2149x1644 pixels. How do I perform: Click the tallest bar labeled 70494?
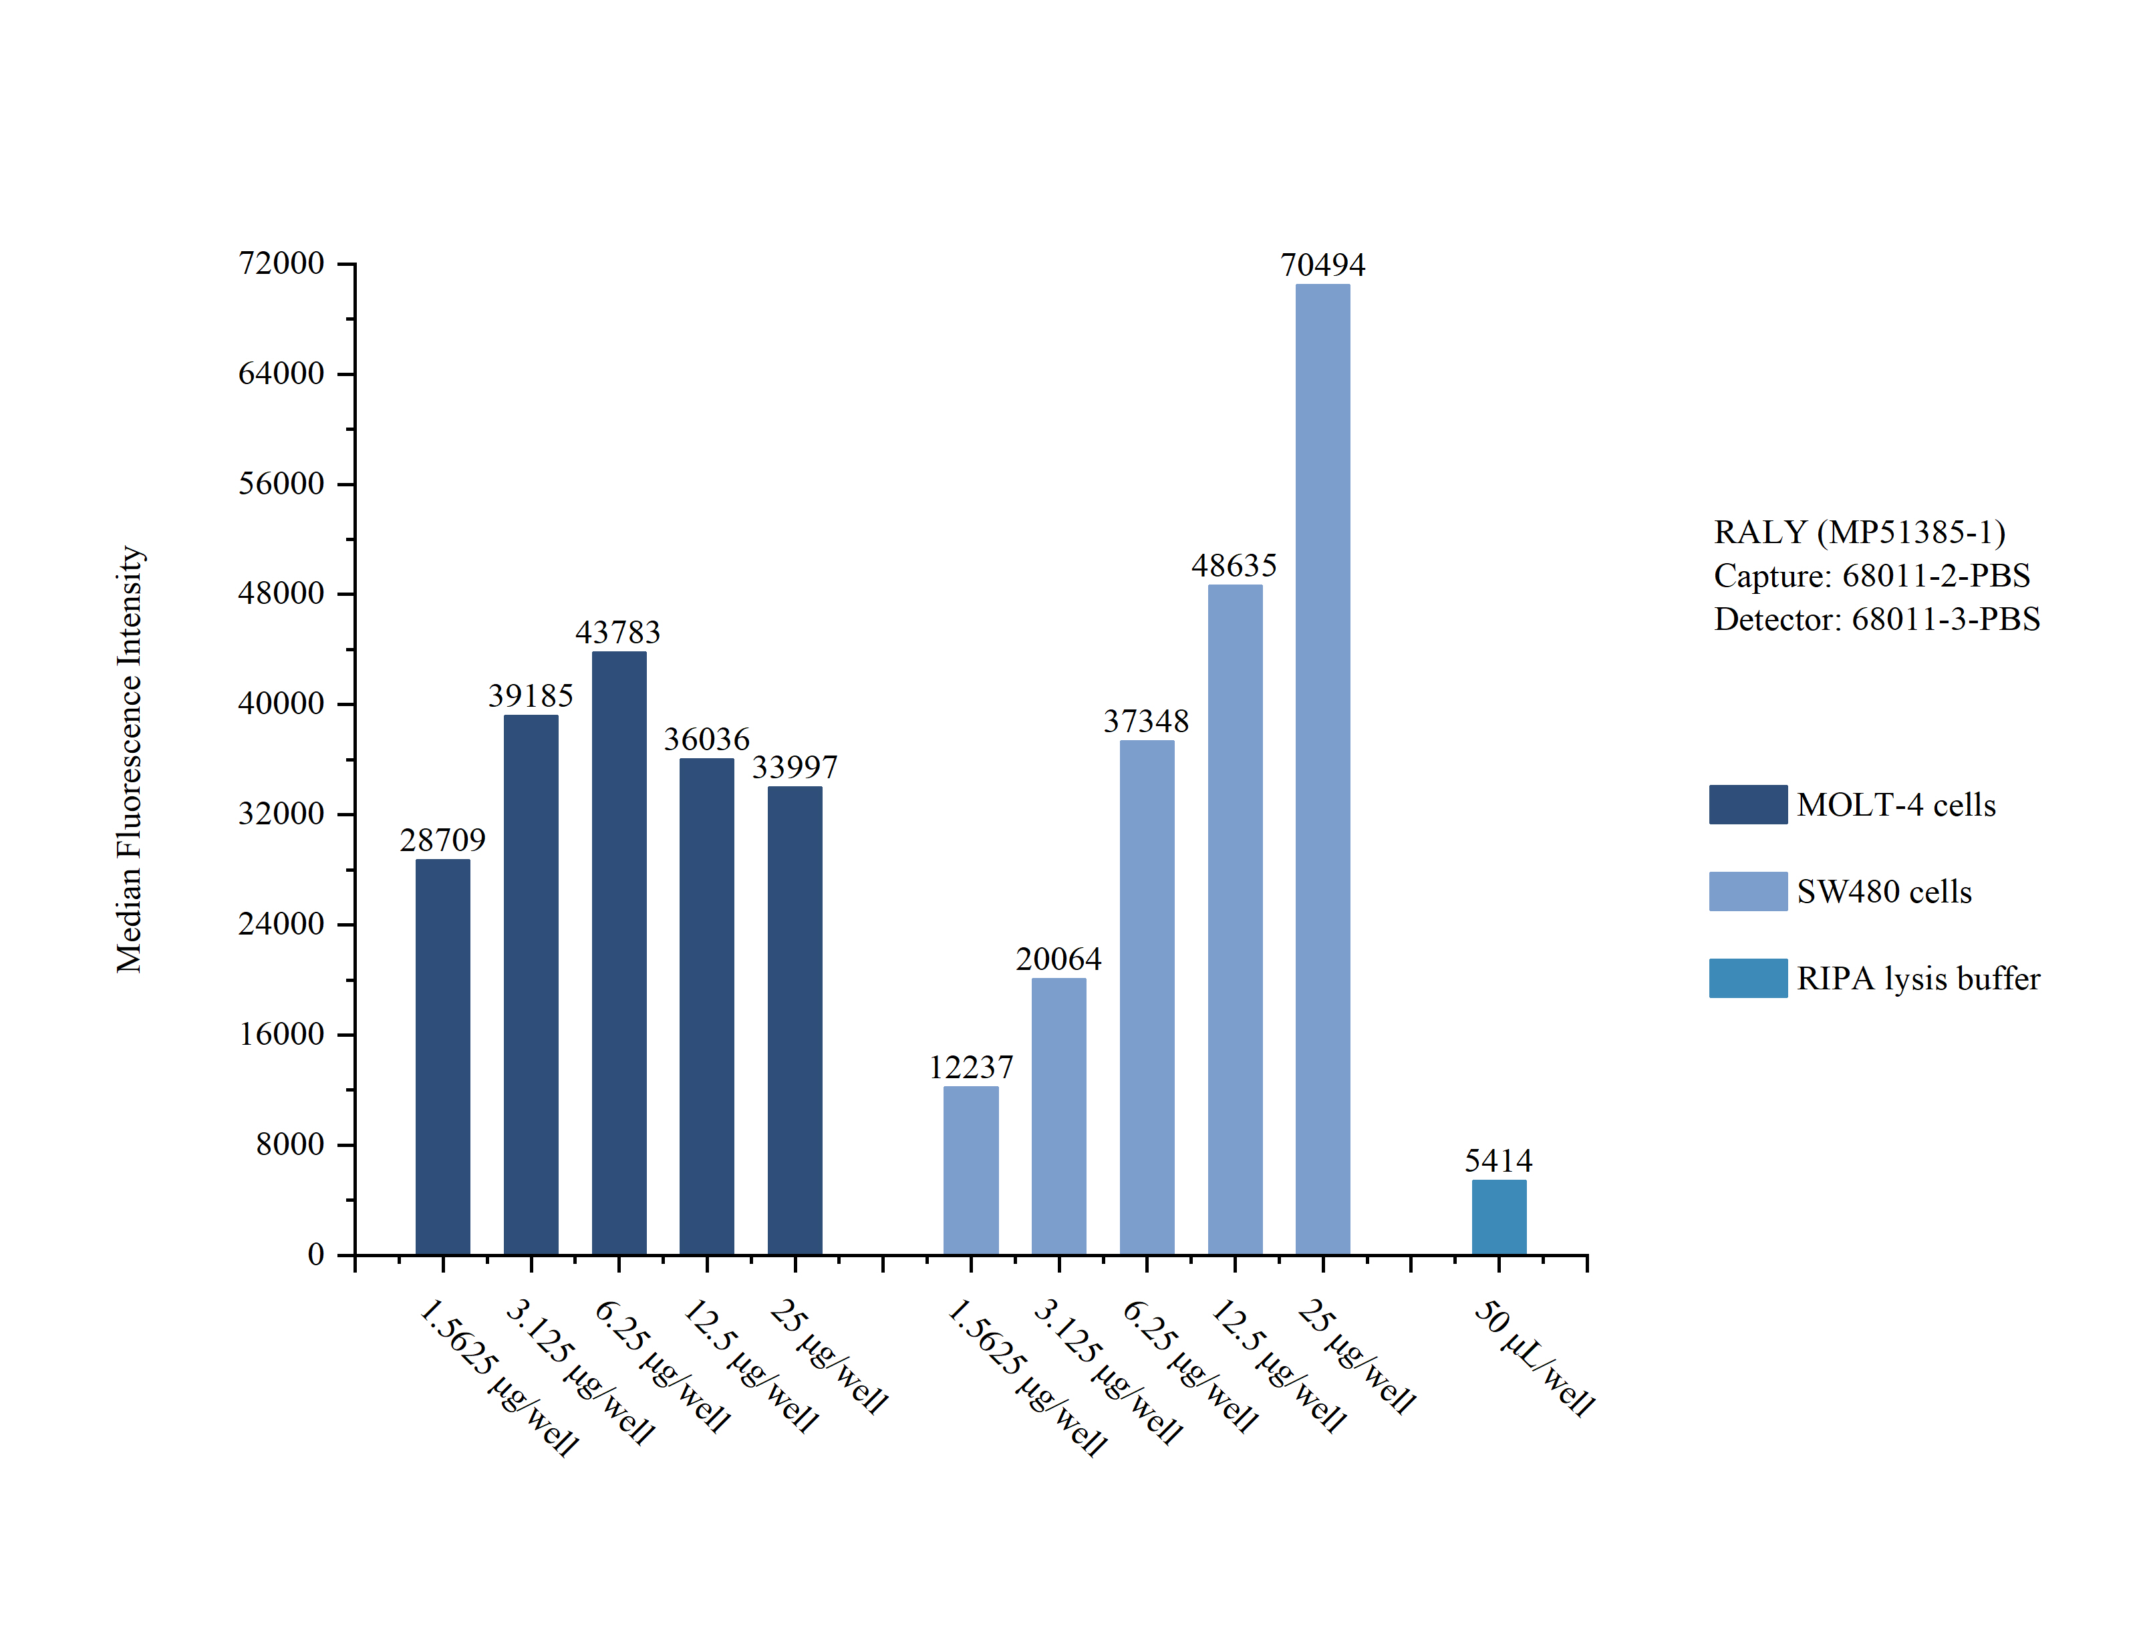[1322, 768]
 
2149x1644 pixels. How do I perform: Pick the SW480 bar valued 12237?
[971, 1170]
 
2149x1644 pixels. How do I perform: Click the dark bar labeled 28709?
[442, 1056]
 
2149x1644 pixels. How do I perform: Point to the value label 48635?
[1234, 566]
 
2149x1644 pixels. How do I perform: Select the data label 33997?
[795, 767]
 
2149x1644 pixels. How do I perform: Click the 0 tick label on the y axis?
[315, 1255]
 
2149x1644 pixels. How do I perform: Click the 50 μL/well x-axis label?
[1534, 1357]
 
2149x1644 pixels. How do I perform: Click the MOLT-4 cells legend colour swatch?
[1748, 804]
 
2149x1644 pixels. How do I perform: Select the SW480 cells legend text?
[1884, 892]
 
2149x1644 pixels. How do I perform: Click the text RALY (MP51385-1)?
[1860, 532]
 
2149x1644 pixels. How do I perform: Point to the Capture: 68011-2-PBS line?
[1871, 575]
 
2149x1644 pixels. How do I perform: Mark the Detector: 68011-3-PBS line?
[1876, 619]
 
